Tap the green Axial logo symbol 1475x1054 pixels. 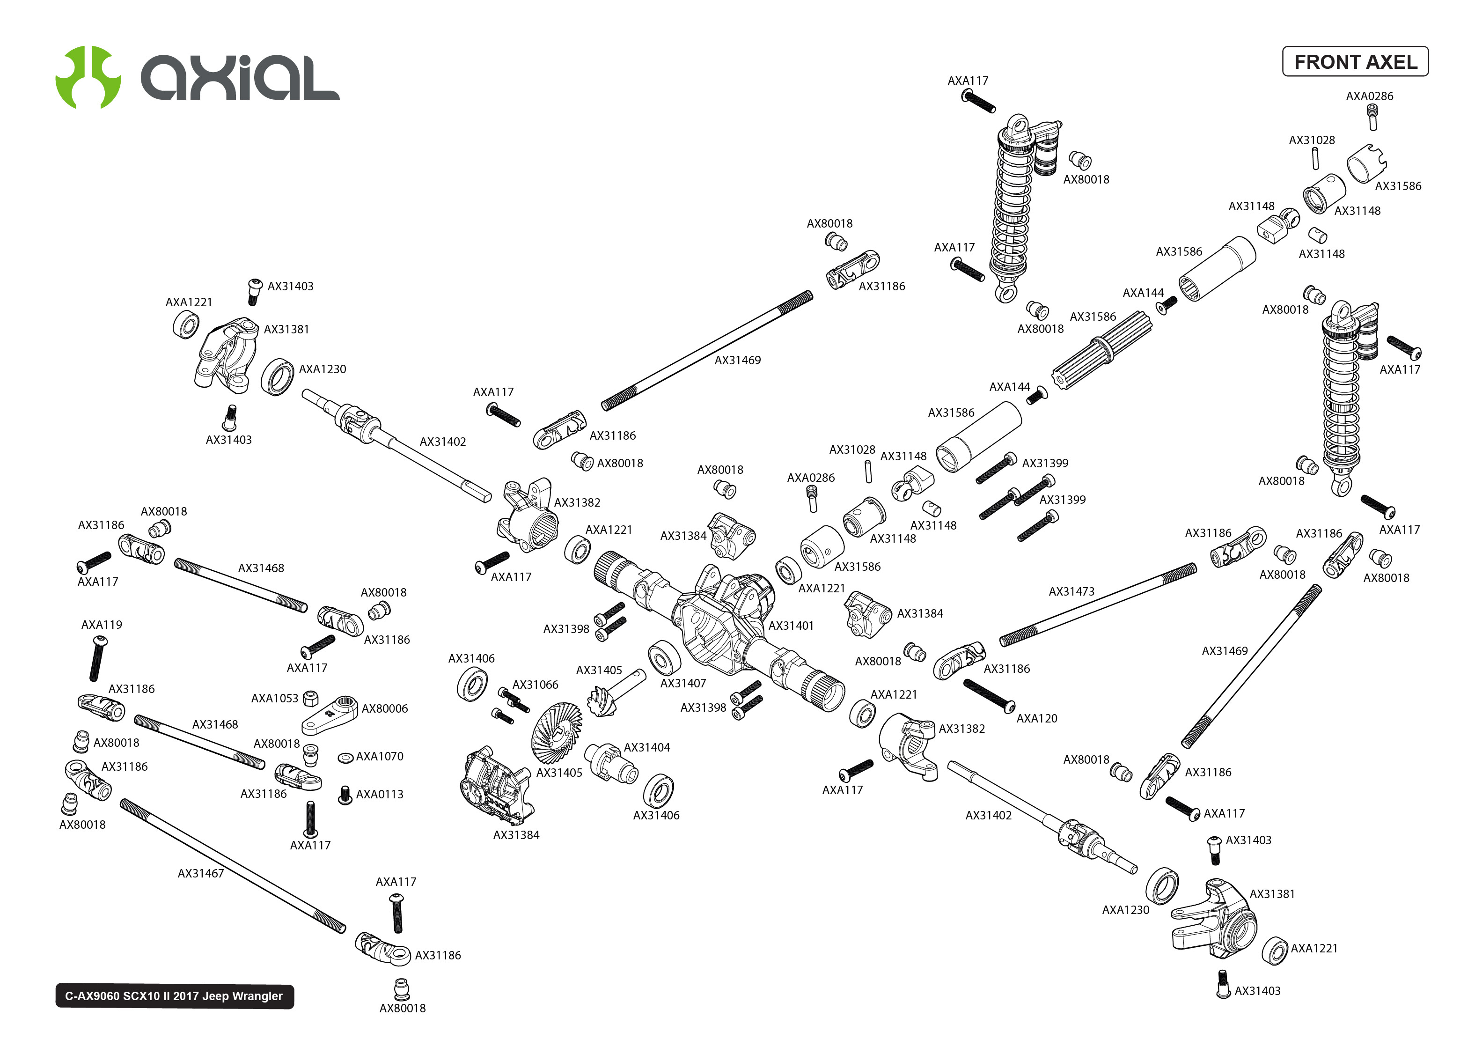tap(88, 77)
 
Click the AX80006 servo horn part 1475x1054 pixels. tap(331, 714)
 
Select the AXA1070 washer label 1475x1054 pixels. tap(380, 756)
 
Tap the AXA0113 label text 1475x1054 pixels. tap(380, 794)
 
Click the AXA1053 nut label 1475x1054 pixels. tap(274, 698)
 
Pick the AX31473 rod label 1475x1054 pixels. tap(1071, 591)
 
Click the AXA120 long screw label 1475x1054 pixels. tap(1036, 718)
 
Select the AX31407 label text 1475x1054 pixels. tap(682, 684)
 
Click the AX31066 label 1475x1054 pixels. tap(535, 685)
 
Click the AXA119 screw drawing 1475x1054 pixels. tap(97, 659)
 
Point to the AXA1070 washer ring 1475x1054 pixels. tap(346, 758)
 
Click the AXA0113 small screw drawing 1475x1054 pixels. tap(345, 796)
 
